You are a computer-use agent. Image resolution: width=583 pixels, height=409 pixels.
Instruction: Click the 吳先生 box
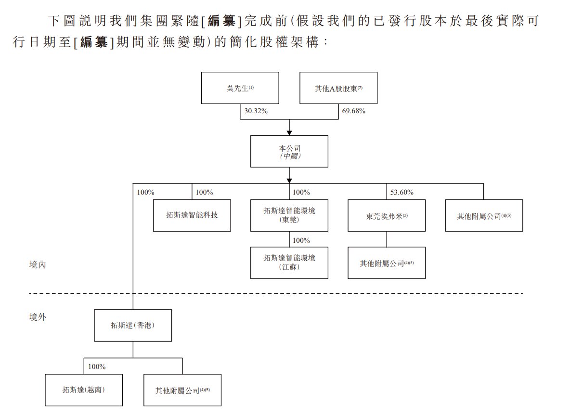(240, 88)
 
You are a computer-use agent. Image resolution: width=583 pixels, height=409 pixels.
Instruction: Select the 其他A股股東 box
(338, 88)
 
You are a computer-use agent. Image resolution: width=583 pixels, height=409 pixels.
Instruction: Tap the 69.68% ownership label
(353, 111)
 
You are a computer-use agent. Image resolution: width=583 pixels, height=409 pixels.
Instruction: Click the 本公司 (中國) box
(289, 151)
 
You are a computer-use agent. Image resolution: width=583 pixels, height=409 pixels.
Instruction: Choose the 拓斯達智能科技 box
(192, 215)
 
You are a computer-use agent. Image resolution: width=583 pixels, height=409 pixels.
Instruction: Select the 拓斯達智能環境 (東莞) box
(289, 215)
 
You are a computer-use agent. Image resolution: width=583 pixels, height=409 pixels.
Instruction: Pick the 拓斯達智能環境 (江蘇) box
(289, 263)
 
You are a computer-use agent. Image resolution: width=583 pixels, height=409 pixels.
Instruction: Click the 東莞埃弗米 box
(387, 215)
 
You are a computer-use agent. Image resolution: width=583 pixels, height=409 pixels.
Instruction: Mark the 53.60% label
(402, 192)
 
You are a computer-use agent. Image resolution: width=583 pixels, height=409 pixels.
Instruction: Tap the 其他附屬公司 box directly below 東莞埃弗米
(387, 263)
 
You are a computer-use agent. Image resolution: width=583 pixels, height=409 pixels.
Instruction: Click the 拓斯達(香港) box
(133, 325)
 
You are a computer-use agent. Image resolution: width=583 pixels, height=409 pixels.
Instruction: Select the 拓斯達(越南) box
(84, 390)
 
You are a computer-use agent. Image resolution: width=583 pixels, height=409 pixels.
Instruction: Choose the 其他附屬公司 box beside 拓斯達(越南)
(182, 390)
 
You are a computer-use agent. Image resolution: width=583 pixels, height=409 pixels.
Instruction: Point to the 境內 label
(38, 265)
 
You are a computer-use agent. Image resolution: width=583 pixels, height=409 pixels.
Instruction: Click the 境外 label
(38, 317)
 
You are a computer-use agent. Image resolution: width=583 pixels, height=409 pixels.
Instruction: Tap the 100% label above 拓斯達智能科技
(204, 192)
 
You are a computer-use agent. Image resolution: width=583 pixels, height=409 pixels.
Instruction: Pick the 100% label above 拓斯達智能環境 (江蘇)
(301, 240)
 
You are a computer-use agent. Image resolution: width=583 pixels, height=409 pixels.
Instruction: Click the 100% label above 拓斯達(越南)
(97, 367)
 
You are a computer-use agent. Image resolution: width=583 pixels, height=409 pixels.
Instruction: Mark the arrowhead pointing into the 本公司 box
(289, 132)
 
